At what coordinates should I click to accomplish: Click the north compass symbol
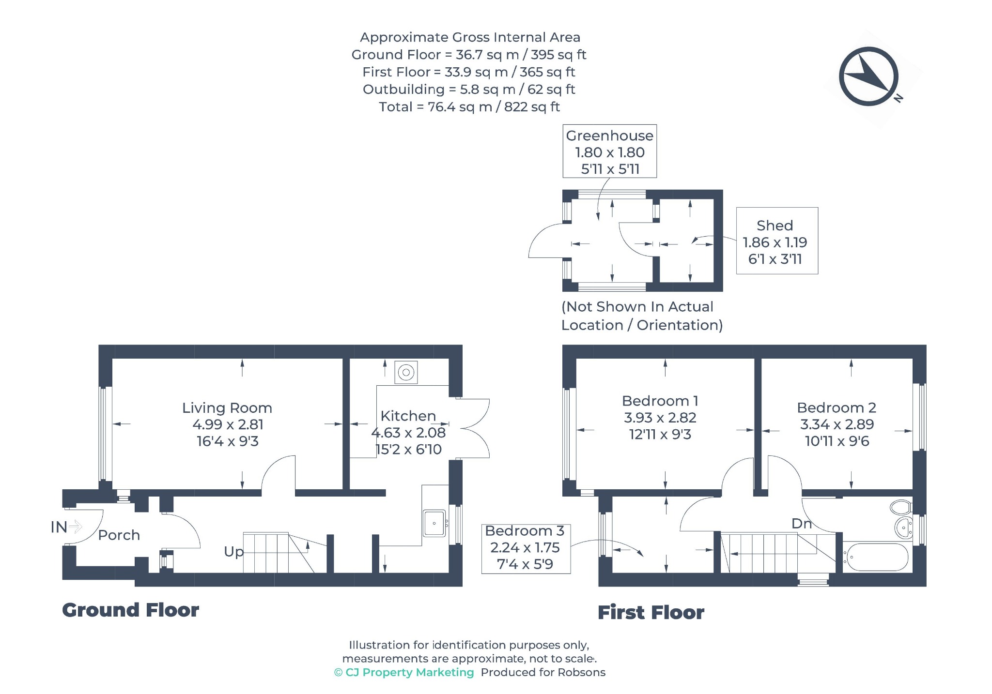click(x=869, y=76)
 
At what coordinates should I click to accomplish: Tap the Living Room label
click(x=227, y=408)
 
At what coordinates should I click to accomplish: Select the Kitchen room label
click(x=408, y=416)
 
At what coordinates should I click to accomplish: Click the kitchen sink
click(x=434, y=523)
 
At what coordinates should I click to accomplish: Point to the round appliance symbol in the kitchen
click(x=406, y=373)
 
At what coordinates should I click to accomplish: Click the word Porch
click(x=119, y=535)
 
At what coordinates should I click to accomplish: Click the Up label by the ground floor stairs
click(x=233, y=552)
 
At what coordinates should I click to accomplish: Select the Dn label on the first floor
click(x=801, y=523)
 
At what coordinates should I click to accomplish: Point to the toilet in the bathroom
click(x=900, y=507)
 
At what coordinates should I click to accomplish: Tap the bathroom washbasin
click(x=903, y=528)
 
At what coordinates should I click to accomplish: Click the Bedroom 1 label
click(x=660, y=401)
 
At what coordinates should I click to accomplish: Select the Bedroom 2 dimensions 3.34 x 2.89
click(x=837, y=424)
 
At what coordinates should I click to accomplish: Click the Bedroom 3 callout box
click(x=526, y=549)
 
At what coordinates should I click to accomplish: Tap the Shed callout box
click(x=777, y=241)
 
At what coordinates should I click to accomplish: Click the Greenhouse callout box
click(x=609, y=151)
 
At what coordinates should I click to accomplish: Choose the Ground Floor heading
click(x=130, y=610)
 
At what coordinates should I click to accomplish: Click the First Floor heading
click(x=651, y=613)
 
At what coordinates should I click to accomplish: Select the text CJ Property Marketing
click(x=409, y=672)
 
